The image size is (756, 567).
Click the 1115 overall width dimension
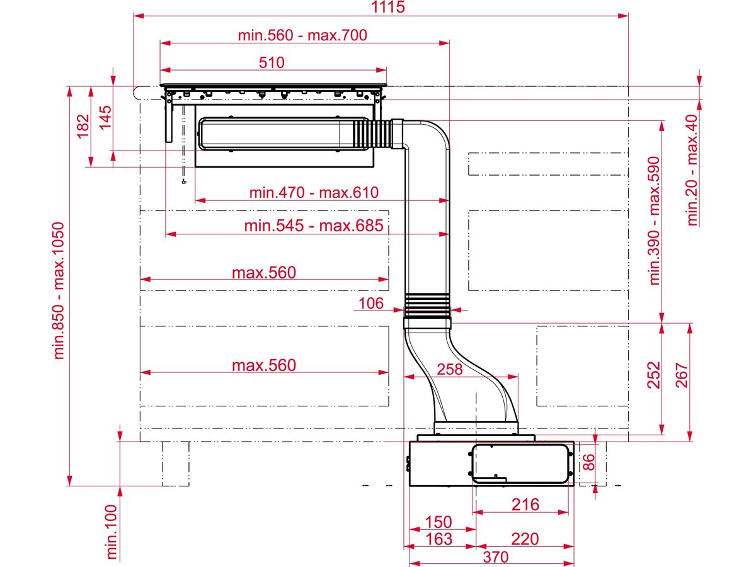(388, 8)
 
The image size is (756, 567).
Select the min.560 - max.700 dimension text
(302, 35)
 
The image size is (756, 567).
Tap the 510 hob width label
(272, 62)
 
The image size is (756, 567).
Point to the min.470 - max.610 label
(314, 192)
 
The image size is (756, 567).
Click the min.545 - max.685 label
(314, 226)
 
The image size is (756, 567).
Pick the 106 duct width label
(370, 304)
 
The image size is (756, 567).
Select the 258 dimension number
(449, 369)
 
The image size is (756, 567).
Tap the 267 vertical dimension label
(682, 376)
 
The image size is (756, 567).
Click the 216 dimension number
(525, 505)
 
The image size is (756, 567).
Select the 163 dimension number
(438, 539)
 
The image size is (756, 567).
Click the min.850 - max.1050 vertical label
(60, 290)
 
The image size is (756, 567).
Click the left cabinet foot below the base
(175, 464)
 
